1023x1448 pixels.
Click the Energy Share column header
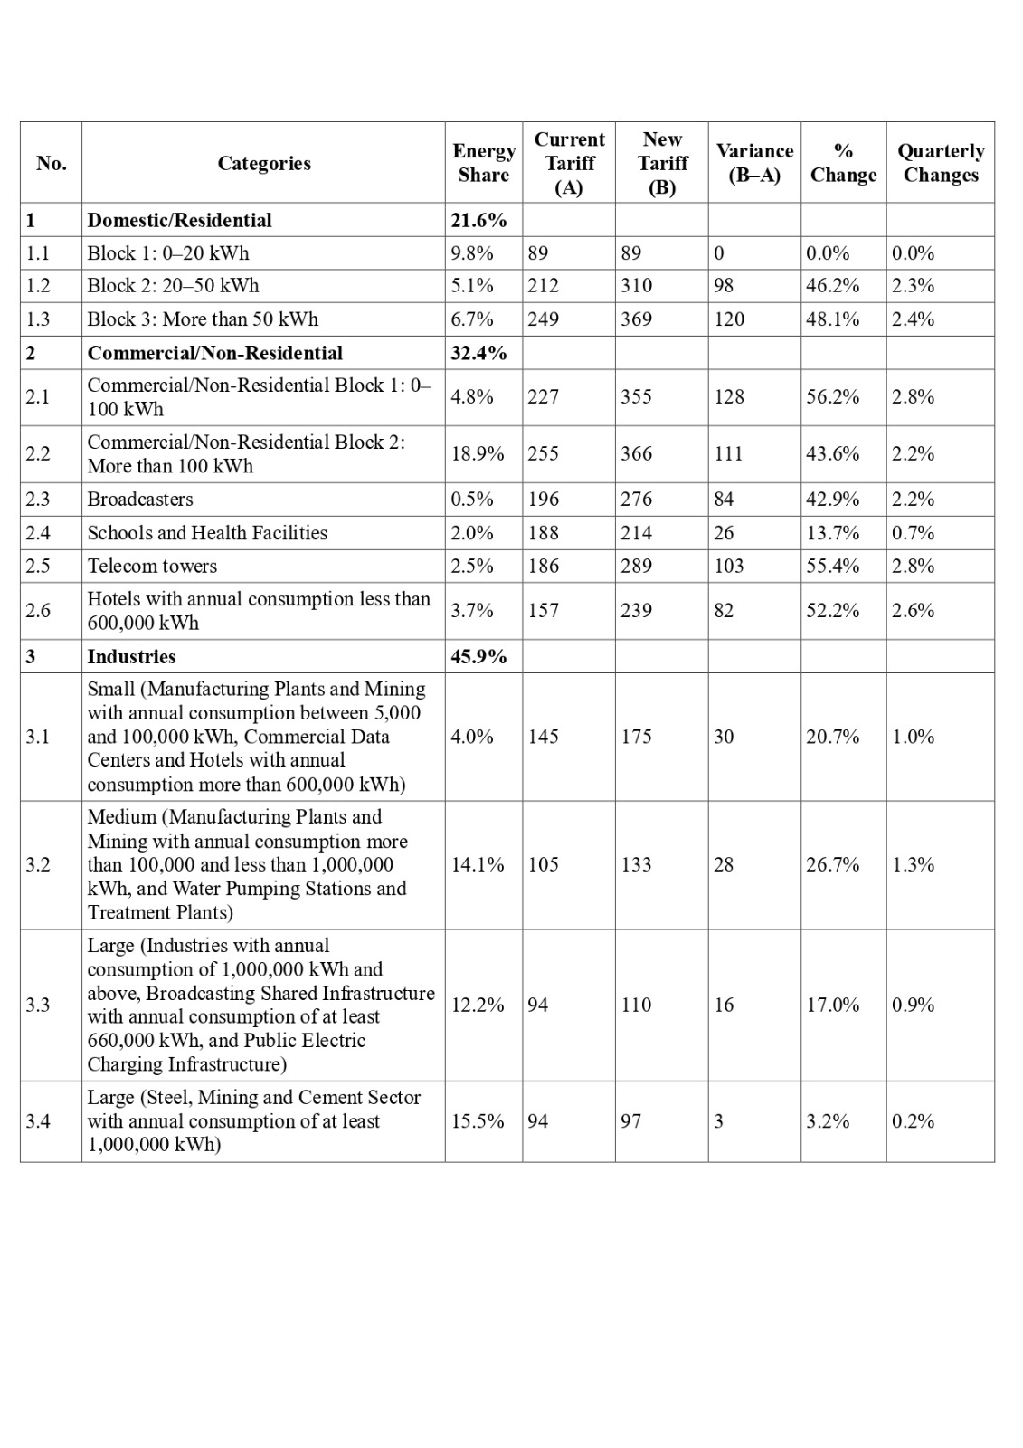pyautogui.click(x=484, y=163)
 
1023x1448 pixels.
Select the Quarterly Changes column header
pyautogui.click(x=941, y=163)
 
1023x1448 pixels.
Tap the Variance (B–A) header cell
pyautogui.click(x=754, y=163)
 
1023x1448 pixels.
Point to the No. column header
pyautogui.click(x=52, y=163)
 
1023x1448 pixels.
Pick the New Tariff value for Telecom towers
pyautogui.click(x=636, y=567)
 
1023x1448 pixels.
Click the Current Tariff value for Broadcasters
pyautogui.click(x=544, y=500)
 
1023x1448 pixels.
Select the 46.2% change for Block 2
pyautogui.click(x=832, y=286)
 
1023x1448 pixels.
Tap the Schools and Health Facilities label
pyautogui.click(x=207, y=533)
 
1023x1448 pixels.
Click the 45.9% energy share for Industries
pyautogui.click(x=478, y=657)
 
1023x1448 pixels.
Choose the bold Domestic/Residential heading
pyautogui.click(x=179, y=221)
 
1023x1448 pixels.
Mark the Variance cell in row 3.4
pyautogui.click(x=719, y=1121)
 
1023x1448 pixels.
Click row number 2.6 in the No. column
pyautogui.click(x=38, y=611)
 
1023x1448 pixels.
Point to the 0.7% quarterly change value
pyautogui.click(x=913, y=533)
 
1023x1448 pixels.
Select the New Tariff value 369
pyautogui.click(x=636, y=319)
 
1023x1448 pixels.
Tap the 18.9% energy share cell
pyautogui.click(x=478, y=454)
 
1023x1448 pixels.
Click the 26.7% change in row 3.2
pyautogui.click(x=832, y=865)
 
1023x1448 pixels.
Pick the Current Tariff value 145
pyautogui.click(x=544, y=737)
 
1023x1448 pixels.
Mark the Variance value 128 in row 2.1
pyautogui.click(x=729, y=397)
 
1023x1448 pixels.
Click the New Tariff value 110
pyautogui.click(x=636, y=1005)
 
